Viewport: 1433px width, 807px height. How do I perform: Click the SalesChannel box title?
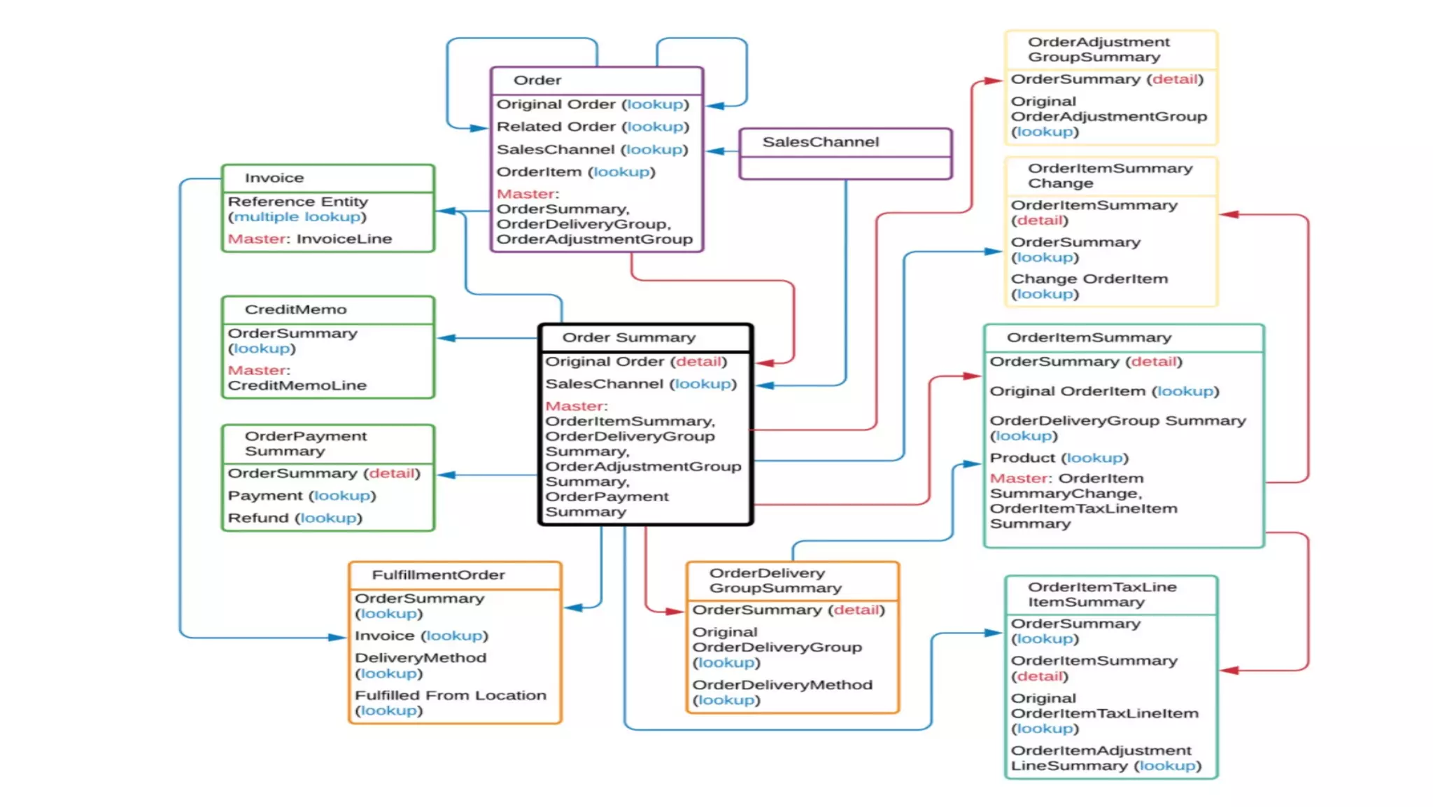pos(820,142)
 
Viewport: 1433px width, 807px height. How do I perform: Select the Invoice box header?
pos(274,178)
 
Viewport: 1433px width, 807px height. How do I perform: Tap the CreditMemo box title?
pos(295,309)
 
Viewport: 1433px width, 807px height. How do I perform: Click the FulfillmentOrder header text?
pos(438,575)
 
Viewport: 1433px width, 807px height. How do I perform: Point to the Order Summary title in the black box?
pos(628,337)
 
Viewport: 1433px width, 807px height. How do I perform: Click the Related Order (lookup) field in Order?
pos(593,127)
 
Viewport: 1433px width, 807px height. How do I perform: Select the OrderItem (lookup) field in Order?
pos(575,172)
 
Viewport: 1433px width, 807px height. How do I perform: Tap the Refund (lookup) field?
pos(295,518)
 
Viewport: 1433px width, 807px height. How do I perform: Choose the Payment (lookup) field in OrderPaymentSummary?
pos(302,496)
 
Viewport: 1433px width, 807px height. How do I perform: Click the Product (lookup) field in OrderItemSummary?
pos(1059,458)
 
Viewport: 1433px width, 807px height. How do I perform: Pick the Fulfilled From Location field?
pos(450,703)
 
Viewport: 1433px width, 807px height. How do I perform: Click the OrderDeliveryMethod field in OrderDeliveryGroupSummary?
pos(782,692)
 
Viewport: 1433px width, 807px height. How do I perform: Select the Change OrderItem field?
pos(1089,286)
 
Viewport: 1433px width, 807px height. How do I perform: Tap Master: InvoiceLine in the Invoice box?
pos(309,239)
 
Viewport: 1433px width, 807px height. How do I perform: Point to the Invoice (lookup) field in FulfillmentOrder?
pos(421,636)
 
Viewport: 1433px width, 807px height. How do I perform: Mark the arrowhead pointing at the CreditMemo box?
pos(445,338)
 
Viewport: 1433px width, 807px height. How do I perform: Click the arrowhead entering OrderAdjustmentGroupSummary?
pos(995,80)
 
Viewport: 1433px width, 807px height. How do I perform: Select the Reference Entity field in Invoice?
pos(297,209)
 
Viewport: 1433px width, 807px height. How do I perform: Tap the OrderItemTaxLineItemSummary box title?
pos(1101,594)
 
